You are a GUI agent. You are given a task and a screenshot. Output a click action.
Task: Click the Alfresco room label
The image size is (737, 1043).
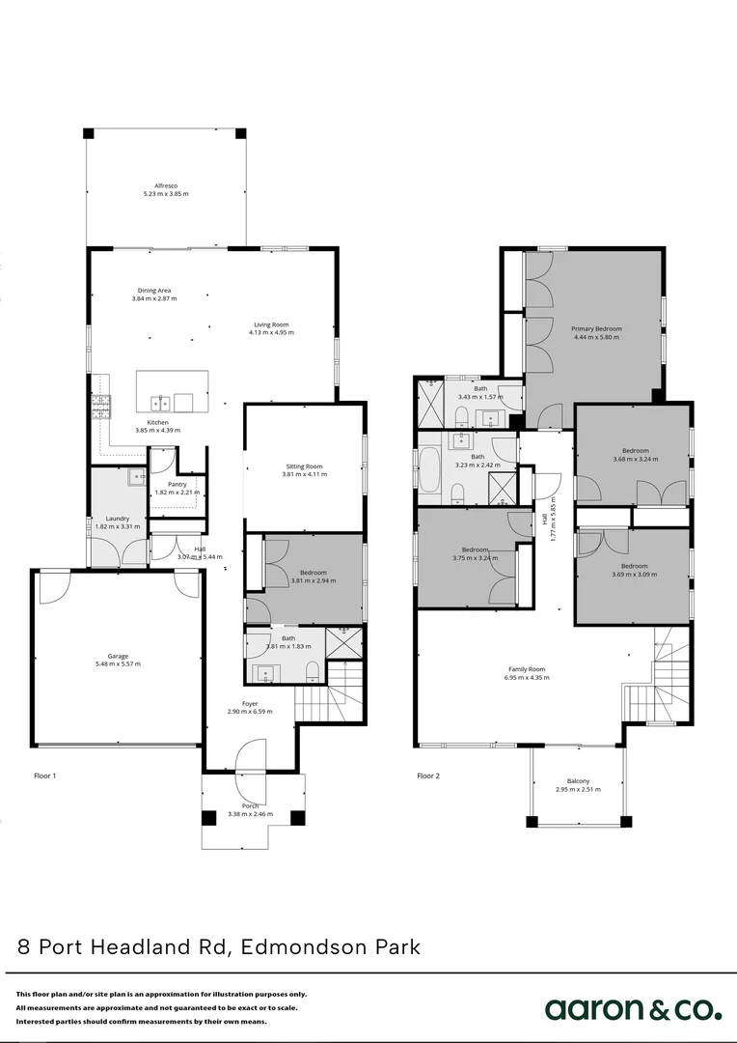(166, 185)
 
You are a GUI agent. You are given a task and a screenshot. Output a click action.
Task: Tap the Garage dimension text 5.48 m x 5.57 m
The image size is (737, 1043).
(118, 664)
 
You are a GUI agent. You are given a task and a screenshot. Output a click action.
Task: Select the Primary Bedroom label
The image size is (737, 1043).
(596, 329)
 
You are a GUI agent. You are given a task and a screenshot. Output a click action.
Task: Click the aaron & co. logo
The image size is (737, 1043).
(632, 1009)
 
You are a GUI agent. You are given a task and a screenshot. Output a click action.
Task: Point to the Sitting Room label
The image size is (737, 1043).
(304, 465)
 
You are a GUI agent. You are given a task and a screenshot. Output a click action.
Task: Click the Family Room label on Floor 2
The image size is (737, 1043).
(527, 669)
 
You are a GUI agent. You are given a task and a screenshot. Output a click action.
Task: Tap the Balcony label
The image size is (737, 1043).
(578, 781)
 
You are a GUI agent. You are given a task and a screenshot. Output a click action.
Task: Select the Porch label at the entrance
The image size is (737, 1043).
(250, 806)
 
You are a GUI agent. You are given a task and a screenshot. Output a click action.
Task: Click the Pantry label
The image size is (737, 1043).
(177, 485)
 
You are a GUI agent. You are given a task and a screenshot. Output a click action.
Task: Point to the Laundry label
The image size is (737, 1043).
(117, 518)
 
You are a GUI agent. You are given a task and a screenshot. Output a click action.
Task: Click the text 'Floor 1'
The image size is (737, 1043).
(46, 775)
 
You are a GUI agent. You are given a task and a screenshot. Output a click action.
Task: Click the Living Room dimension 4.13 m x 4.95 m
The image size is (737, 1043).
(271, 333)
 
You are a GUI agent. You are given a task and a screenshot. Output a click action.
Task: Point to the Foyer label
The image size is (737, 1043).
(250, 704)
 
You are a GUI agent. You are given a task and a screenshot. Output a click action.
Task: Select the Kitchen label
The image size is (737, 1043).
(157, 422)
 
